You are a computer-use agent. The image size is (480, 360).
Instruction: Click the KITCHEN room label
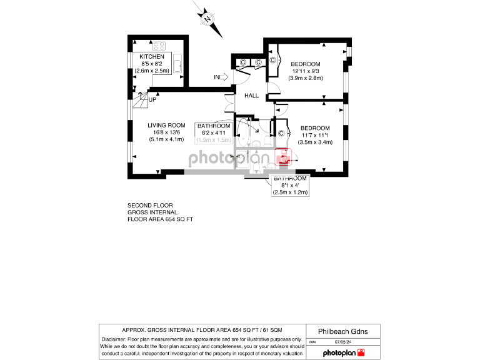pos(152,57)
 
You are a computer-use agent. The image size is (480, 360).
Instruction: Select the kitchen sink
pos(177,64)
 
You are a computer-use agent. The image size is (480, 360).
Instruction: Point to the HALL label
pos(251,96)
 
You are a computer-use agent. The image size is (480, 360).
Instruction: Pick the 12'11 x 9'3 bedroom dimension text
pos(304,71)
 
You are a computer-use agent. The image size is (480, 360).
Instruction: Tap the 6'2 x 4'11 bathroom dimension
pos(214,133)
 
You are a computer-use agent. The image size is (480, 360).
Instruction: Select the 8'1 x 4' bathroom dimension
pos(291,186)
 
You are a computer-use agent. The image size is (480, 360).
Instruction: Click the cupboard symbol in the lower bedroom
pos(281,133)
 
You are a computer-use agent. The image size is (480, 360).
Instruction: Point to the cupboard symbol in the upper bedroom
pos(273,61)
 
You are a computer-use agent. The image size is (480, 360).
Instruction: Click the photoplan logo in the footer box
pos(343,353)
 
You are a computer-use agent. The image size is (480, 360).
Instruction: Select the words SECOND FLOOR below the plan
pos(150,206)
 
